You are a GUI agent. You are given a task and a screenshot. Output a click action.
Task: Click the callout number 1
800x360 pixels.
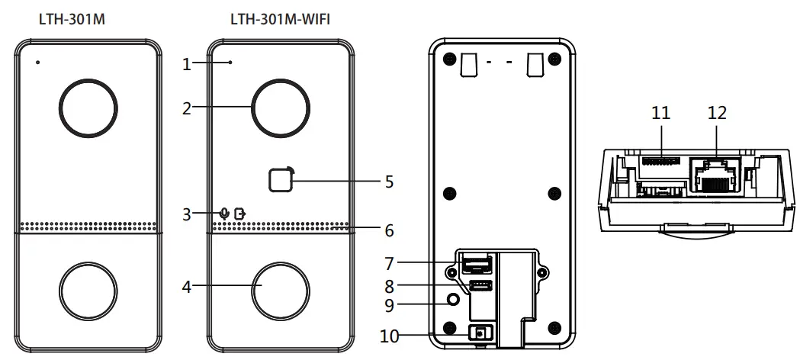[185, 65]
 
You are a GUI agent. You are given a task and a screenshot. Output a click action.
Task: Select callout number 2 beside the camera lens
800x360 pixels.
[185, 108]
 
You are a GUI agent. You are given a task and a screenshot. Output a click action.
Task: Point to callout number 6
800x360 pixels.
[389, 229]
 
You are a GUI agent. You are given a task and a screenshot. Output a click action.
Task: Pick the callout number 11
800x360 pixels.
[660, 113]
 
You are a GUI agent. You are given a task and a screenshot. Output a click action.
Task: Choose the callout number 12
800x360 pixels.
[717, 113]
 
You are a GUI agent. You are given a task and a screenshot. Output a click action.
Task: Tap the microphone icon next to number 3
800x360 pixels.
[223, 213]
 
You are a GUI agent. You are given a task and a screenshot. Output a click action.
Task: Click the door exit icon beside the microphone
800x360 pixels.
[241, 213]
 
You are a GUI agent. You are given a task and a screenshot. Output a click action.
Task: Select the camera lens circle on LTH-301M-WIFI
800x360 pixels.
[281, 108]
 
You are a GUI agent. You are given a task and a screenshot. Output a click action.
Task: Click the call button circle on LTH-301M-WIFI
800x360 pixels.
[281, 291]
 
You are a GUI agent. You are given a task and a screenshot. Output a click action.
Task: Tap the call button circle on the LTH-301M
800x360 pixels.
[89, 291]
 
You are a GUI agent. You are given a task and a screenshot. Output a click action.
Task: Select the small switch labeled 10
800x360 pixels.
[480, 333]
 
